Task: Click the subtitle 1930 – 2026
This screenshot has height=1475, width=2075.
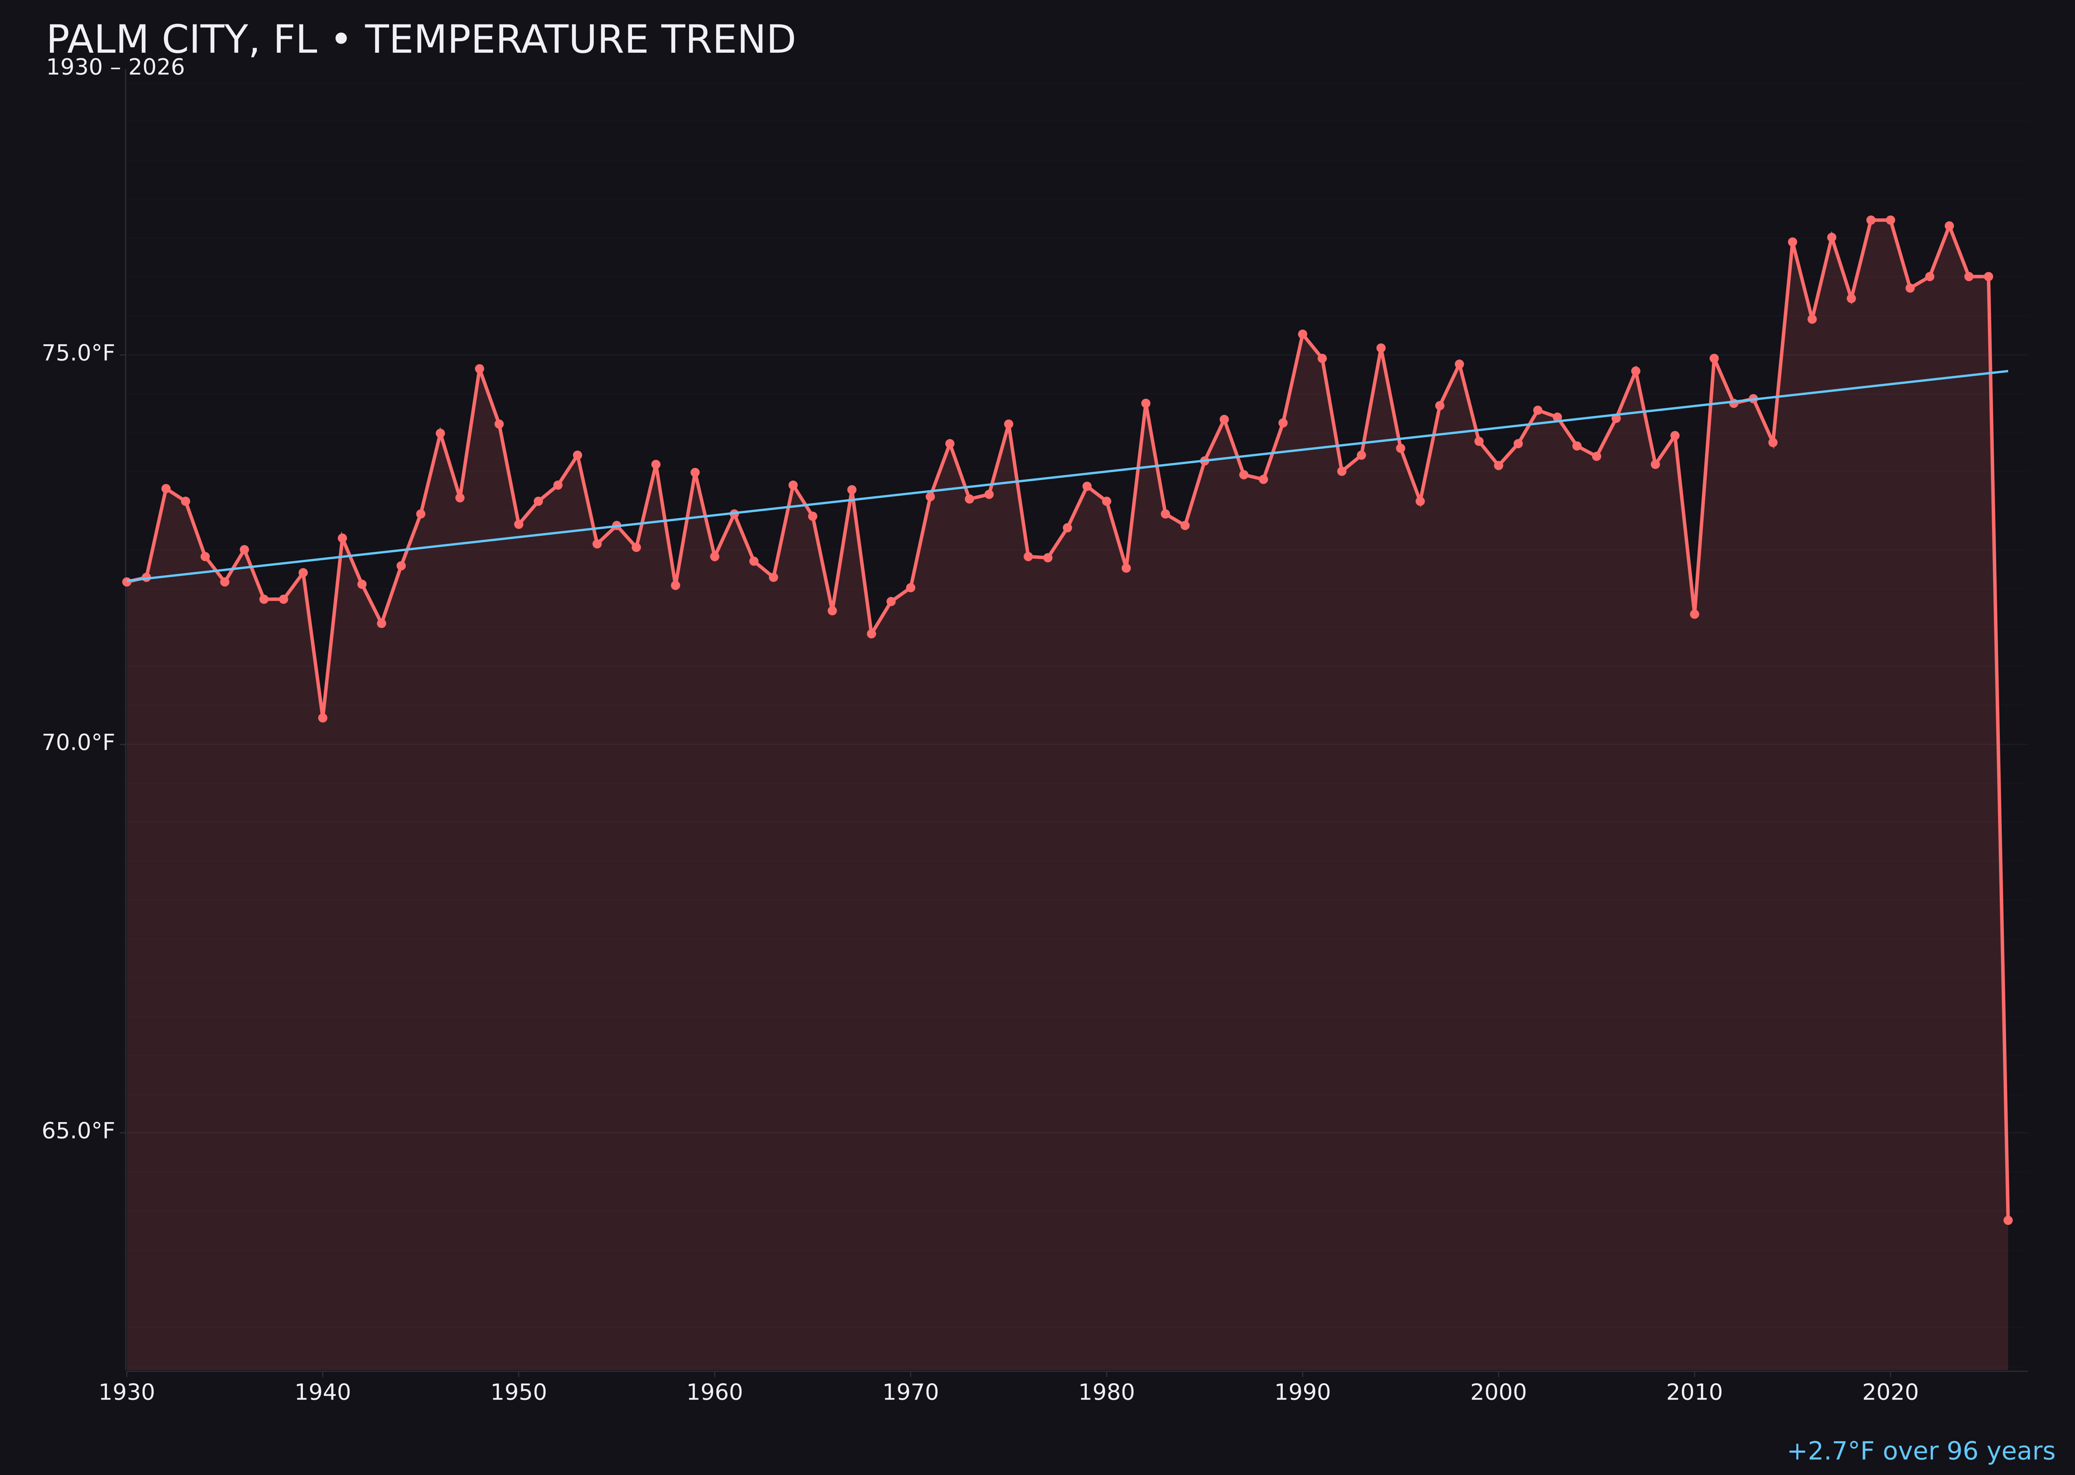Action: point(115,68)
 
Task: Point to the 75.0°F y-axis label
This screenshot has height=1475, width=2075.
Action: point(78,353)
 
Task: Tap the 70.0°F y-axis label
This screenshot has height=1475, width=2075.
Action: point(78,743)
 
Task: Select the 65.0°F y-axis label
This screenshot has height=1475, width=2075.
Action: point(78,1131)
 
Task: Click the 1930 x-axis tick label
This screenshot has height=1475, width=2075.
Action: point(126,1393)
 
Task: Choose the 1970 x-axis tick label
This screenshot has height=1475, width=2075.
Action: point(910,1393)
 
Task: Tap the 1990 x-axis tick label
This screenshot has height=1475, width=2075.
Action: point(1302,1393)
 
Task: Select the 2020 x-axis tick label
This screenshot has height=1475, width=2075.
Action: point(1890,1393)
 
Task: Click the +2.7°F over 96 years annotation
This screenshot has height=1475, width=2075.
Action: point(1920,1451)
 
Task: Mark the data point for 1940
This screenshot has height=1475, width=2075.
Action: point(323,717)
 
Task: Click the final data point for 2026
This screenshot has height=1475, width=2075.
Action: point(2008,1220)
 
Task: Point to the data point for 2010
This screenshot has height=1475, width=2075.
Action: point(1694,614)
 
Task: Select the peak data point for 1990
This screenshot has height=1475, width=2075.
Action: point(1302,334)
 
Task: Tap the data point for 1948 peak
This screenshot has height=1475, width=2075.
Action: point(480,369)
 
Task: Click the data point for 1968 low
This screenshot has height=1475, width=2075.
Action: point(872,633)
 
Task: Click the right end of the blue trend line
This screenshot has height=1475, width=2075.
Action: point(2007,371)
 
